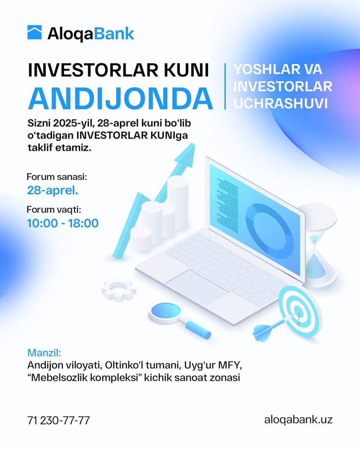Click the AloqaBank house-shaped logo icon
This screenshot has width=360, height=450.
pyautogui.click(x=35, y=33)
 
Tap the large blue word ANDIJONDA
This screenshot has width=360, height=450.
pyautogui.click(x=120, y=97)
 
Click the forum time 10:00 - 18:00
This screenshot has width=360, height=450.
pyautogui.click(x=63, y=223)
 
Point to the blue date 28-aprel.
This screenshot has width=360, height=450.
pyautogui.click(x=52, y=190)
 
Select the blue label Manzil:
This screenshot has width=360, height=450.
pyautogui.click(x=44, y=353)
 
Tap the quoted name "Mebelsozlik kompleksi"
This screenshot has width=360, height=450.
pyautogui.click(x=94, y=378)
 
